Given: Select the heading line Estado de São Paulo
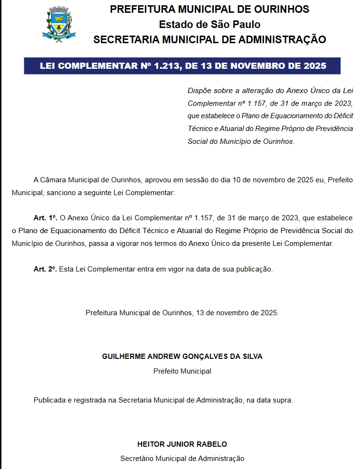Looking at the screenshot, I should (x=209, y=25).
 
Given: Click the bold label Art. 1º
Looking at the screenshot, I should (x=45, y=218).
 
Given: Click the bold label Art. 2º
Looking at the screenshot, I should (x=45, y=269).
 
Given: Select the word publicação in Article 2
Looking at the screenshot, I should (x=255, y=269).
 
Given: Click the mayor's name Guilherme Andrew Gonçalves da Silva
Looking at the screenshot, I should (x=182, y=356).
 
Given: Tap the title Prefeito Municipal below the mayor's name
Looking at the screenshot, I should (x=182, y=371).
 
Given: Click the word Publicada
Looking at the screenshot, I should (x=50, y=400).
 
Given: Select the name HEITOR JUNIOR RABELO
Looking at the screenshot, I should (x=182, y=444).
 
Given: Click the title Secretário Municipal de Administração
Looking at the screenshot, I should (x=182, y=459).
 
